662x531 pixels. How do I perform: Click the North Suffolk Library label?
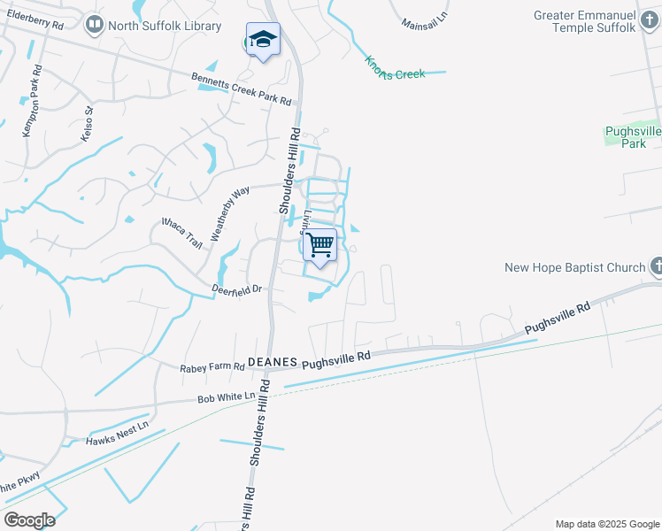pos(164,26)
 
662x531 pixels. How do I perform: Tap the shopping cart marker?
pos(320,244)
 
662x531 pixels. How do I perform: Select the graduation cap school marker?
pos(263,39)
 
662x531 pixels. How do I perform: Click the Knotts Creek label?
pos(395,68)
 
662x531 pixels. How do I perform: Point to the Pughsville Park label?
pos(633,137)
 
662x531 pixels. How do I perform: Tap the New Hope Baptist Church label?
pos(574,267)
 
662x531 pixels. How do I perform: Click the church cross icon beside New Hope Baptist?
pos(657,266)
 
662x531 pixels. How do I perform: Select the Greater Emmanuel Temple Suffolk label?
pos(585,22)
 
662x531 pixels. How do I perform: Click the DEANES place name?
pos(271,362)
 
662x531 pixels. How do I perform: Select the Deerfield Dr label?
pos(237,289)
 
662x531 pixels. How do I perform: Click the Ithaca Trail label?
pos(181,229)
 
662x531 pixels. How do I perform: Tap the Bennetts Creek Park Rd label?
pos(241,89)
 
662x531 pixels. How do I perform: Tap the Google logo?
pos(29,520)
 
